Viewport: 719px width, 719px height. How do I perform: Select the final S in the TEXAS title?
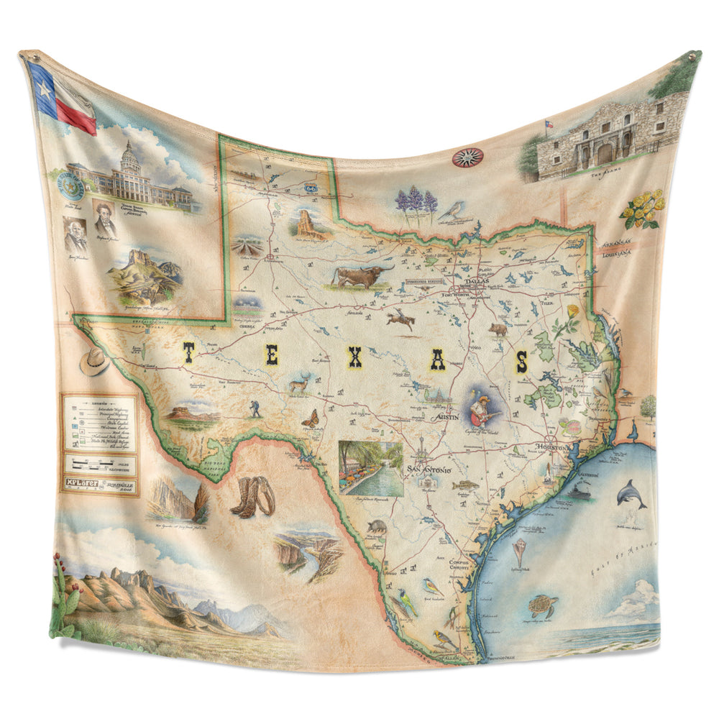[x=521, y=361]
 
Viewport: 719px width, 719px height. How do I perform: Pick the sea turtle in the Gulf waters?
[x=543, y=605]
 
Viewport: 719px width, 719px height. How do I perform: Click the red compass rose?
[x=467, y=157]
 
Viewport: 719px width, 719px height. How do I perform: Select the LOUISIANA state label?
[x=616, y=253]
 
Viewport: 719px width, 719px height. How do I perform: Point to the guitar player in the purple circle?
[x=481, y=408]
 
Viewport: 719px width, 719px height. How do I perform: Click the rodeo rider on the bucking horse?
[x=400, y=319]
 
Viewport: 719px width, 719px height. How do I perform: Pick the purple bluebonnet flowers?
[x=416, y=199]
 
